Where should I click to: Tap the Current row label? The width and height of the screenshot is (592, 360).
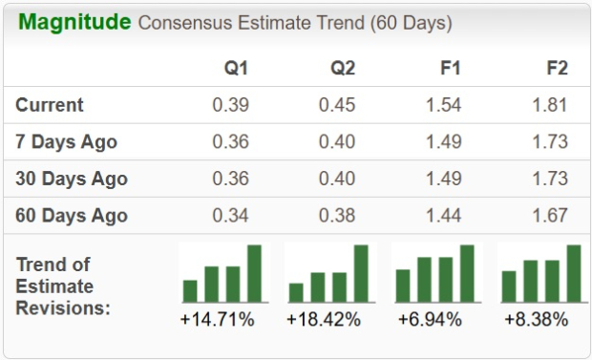click(50, 105)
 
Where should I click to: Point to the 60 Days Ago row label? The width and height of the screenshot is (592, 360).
click(71, 215)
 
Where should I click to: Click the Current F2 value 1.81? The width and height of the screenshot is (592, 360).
click(550, 105)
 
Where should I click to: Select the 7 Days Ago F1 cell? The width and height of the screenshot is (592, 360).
click(443, 142)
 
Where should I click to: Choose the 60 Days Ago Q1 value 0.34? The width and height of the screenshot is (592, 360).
click(230, 215)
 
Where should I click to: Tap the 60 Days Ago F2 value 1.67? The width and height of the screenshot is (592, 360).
click(550, 215)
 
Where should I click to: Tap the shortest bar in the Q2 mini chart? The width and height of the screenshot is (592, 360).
click(296, 292)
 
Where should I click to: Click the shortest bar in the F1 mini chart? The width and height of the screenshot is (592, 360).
click(403, 286)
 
